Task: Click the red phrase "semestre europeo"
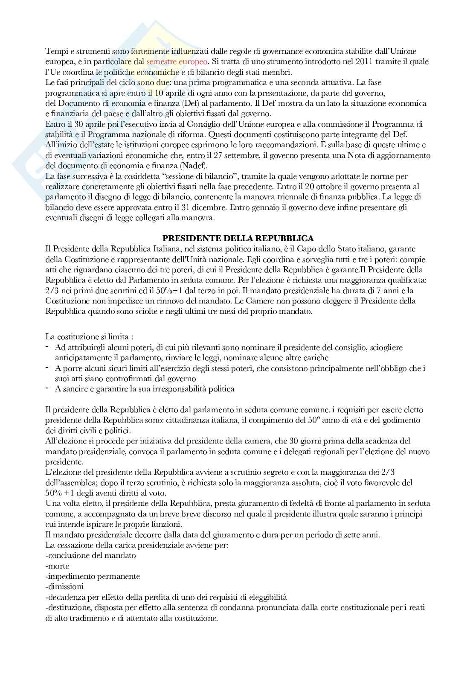pyautogui.click(x=177, y=61)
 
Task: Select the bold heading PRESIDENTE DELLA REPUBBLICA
pyautogui.click(x=238, y=238)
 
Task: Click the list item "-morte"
pyautogui.click(x=57, y=566)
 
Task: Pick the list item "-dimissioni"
pyautogui.click(x=64, y=586)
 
